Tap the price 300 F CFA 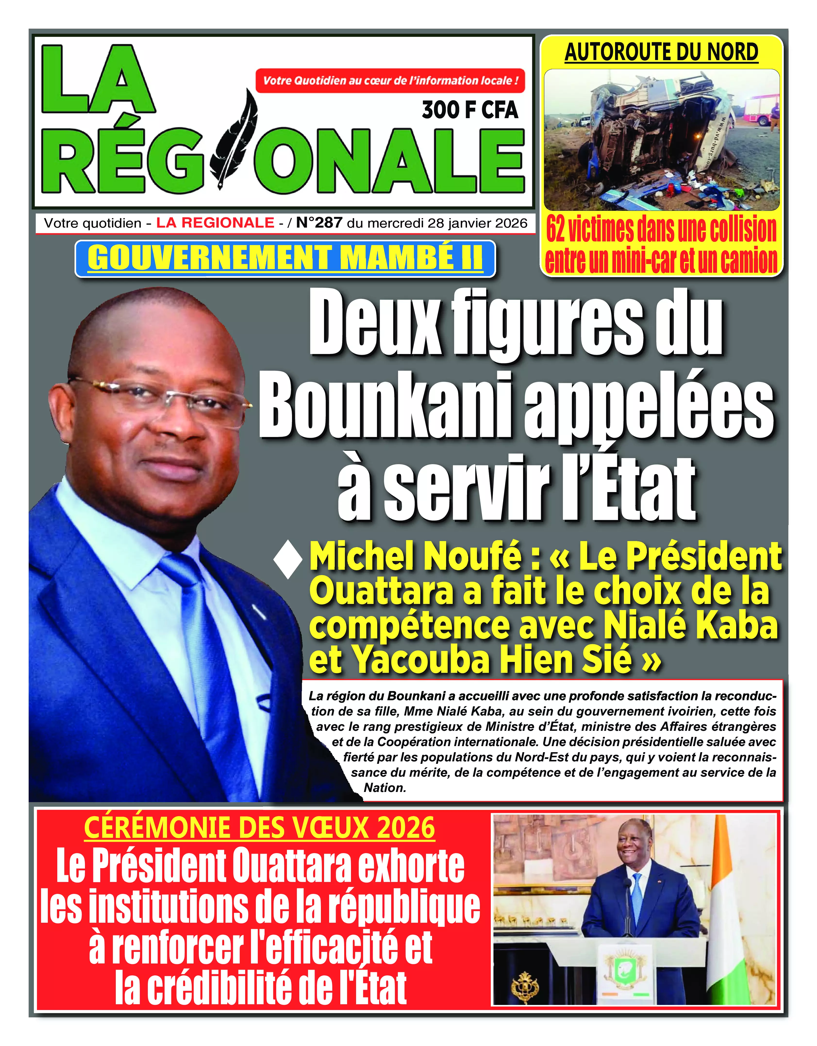pos(470,110)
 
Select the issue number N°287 pos(319,223)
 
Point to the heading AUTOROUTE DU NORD pos(661,52)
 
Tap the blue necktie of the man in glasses pos(206,670)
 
